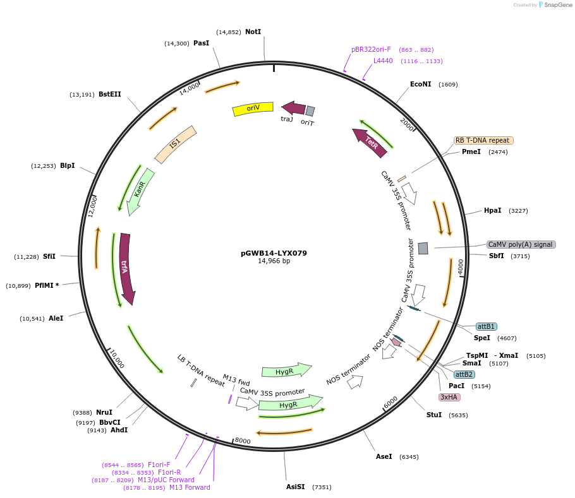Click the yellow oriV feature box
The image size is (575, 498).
click(x=253, y=109)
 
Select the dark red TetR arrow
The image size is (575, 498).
click(x=369, y=143)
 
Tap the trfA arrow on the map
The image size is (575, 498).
click(x=126, y=269)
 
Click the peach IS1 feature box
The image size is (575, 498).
click(x=176, y=145)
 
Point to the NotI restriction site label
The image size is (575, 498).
click(x=253, y=32)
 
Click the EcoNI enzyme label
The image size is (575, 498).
click(x=421, y=84)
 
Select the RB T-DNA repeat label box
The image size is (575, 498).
click(x=483, y=140)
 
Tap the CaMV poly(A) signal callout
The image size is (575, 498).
click(x=521, y=244)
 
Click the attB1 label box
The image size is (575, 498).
click(x=487, y=326)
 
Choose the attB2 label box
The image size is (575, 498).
click(x=464, y=374)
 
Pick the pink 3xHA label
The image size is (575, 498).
click(x=449, y=397)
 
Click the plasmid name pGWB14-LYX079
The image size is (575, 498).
click(x=274, y=253)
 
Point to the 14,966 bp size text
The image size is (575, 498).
click(x=274, y=261)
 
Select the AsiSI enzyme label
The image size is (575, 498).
click(x=296, y=487)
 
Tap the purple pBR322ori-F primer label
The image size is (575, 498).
click(x=371, y=49)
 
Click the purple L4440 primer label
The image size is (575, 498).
click(x=383, y=61)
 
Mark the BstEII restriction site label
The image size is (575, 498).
click(x=110, y=94)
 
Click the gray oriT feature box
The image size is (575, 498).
click(x=310, y=110)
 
